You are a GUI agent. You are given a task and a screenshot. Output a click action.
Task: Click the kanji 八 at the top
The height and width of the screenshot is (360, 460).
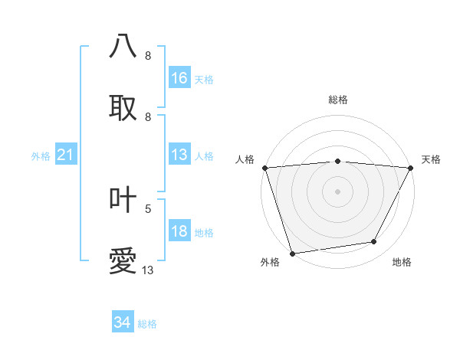pos(123,46)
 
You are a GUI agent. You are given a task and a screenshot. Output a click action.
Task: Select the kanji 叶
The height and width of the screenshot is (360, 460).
pos(123,199)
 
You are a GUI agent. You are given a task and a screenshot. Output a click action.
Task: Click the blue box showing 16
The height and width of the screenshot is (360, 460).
pos(179,77)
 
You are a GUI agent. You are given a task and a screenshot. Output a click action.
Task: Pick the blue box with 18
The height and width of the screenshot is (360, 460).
pos(179,232)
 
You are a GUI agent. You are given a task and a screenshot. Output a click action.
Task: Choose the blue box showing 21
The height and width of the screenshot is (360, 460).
pos(66,155)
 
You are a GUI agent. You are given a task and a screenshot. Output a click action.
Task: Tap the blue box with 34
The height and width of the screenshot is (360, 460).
pos(123,322)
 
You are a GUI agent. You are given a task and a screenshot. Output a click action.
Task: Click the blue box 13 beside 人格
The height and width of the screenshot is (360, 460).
pos(179,155)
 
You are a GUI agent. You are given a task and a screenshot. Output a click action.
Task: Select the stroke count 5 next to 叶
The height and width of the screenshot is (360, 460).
pos(148,208)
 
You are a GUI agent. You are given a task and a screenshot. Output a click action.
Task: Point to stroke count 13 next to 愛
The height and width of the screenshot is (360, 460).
pos(148,270)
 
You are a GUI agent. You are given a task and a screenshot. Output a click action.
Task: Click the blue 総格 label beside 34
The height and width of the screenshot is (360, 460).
pos(147,323)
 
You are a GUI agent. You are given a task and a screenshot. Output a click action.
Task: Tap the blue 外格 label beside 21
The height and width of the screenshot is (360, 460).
pos(41,156)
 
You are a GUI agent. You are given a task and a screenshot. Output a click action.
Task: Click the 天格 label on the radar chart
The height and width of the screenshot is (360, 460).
pos(431,159)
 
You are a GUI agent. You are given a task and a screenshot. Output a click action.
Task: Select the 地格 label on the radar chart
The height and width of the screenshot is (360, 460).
pos(402,262)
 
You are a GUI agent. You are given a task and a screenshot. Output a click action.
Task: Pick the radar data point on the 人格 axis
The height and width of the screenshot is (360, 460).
pos(264,168)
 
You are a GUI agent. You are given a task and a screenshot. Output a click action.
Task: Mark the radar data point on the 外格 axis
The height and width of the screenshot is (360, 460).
pos(292,253)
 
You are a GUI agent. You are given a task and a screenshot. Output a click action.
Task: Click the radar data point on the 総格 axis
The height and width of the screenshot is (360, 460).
pos(337,161)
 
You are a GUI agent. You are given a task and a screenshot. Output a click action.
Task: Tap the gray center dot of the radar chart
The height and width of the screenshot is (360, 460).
pos(337,191)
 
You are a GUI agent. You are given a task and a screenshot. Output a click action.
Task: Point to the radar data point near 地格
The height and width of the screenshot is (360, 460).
pos(374,242)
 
